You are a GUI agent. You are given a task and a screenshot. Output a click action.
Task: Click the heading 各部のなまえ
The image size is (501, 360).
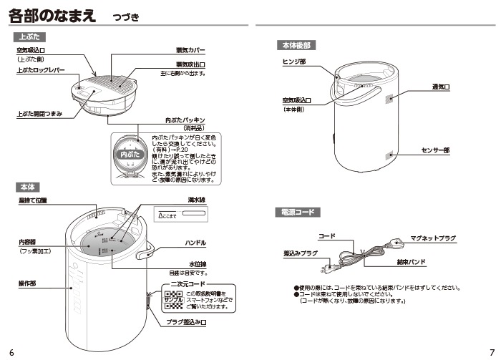[x=54, y=15]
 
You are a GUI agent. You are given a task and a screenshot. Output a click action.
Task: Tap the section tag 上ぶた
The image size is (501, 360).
[x=29, y=36]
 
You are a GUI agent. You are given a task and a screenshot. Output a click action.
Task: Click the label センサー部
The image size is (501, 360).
[x=435, y=151]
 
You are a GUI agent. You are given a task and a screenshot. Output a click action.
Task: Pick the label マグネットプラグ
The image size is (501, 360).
[x=433, y=238]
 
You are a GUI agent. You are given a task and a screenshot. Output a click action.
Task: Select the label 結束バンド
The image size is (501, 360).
[x=411, y=262]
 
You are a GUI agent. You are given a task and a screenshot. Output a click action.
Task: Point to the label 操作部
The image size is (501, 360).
[x=28, y=284]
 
